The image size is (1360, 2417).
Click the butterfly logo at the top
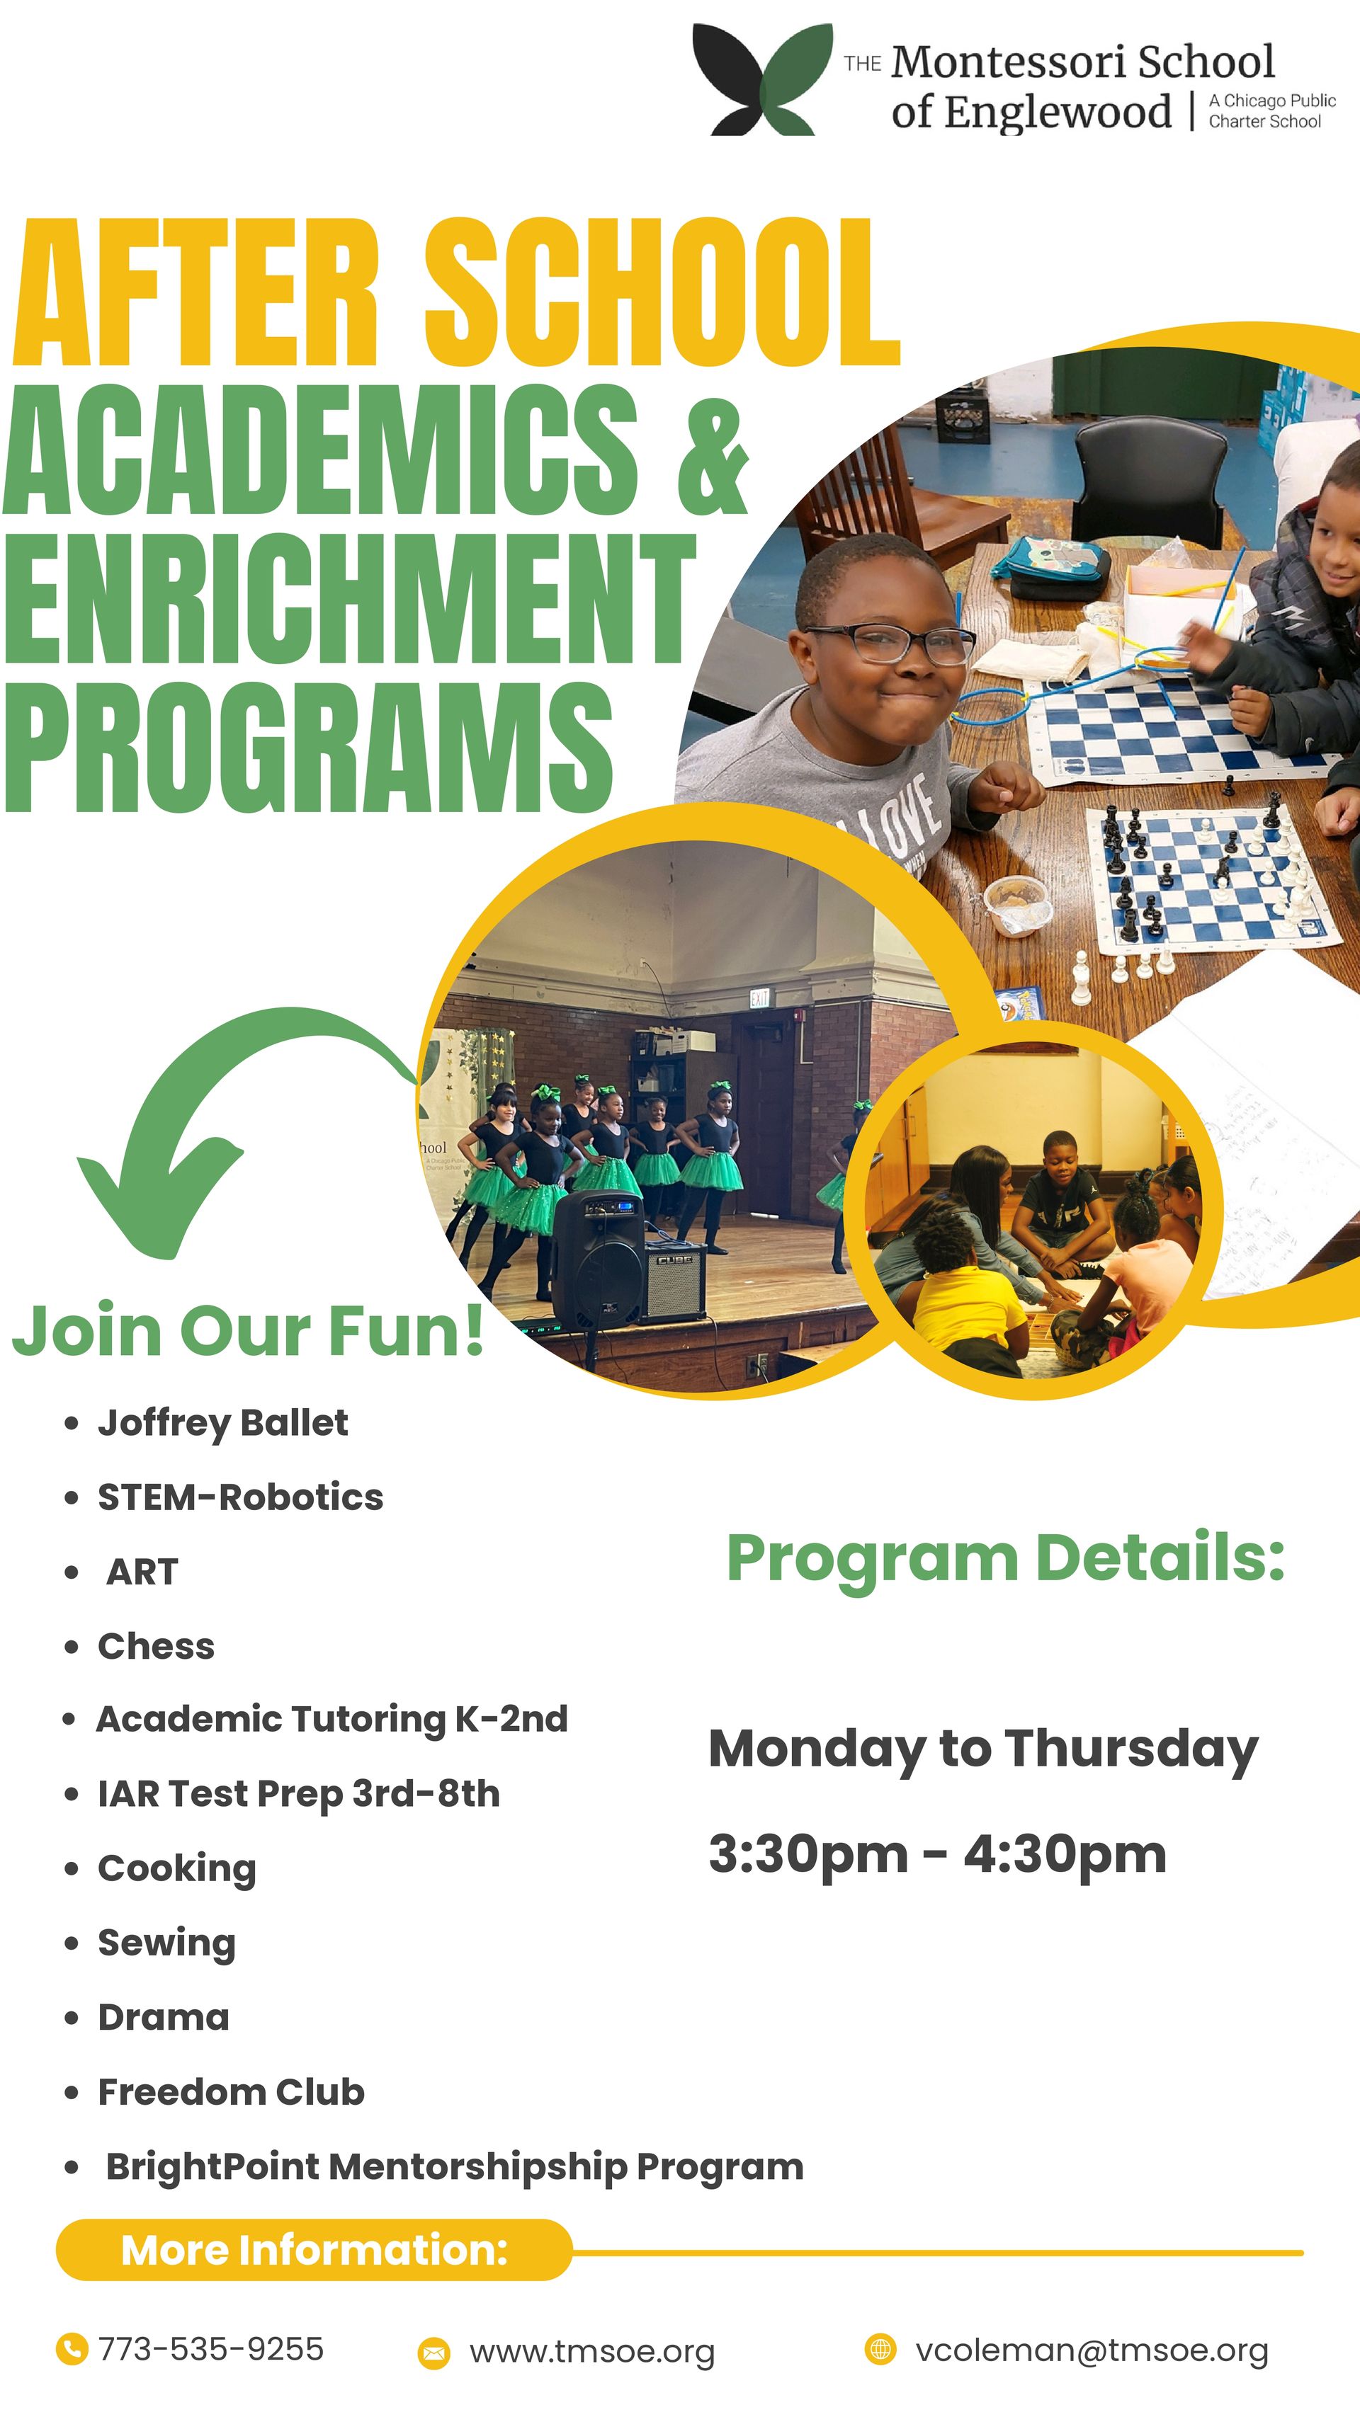[x=761, y=81]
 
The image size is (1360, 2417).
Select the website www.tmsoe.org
[x=592, y=2353]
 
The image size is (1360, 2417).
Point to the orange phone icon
[x=72, y=2350]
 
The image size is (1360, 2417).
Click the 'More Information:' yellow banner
[x=314, y=2250]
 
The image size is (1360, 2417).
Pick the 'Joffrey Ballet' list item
[x=222, y=1422]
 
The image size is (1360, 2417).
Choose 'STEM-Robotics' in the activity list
[x=240, y=1497]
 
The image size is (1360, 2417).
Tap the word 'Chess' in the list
[x=156, y=1646]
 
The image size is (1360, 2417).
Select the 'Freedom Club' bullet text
[x=231, y=2091]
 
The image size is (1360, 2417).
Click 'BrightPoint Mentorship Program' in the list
[x=454, y=2166]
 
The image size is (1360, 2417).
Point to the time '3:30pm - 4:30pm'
[x=936, y=1854]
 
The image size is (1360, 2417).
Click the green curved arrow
[x=216, y=1116]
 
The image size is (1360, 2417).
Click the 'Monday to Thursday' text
[x=982, y=1750]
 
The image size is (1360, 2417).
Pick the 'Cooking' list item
[x=176, y=1868]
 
